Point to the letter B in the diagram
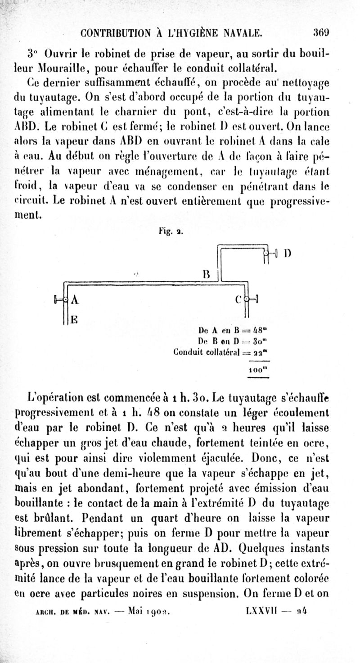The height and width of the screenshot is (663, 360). [207, 274]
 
